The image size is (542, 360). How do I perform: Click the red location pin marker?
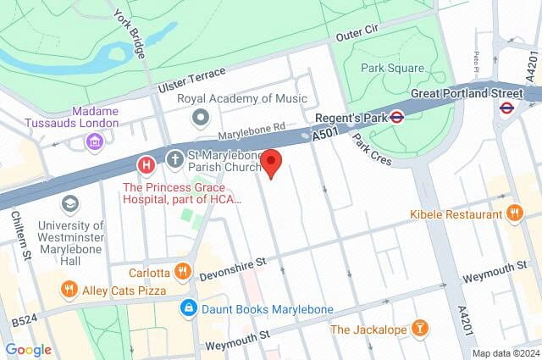270,162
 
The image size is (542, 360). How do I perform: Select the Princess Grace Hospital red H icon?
147,163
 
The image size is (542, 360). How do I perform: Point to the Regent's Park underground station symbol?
395,118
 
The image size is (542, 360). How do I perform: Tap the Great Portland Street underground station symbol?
506,108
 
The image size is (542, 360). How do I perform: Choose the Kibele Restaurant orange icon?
512,213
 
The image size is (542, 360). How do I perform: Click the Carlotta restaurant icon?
182,272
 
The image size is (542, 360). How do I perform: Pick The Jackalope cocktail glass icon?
419,328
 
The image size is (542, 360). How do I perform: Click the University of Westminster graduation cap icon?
69,203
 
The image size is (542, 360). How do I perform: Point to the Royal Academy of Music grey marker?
201,116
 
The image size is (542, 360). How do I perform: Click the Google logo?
29,349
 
